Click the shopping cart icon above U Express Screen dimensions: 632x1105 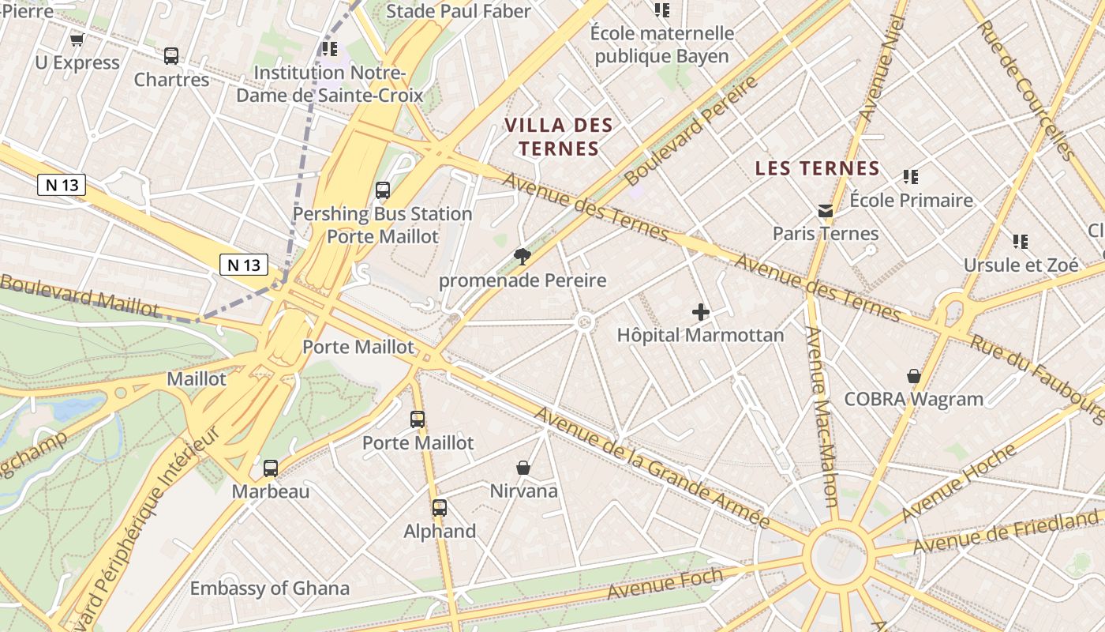77,39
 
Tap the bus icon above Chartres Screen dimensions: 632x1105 171,56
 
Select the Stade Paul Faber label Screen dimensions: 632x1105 458,11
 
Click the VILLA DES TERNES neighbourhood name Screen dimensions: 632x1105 559,137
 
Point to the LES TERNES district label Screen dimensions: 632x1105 817,168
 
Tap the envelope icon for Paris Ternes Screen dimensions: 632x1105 826,210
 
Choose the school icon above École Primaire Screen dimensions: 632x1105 911,177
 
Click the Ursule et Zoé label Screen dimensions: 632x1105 1021,265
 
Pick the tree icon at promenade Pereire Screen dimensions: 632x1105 522,256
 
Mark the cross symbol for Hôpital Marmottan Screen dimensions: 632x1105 700,312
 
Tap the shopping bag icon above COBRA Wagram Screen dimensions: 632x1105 914,376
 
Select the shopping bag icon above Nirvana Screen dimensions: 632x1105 523,468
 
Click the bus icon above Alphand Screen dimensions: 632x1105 440,508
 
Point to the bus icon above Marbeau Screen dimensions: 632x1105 271,468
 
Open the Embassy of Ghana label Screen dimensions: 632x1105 269,589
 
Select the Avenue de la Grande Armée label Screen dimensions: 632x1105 651,468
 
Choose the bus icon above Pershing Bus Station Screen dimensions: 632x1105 383,190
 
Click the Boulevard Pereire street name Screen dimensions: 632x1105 690,130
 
